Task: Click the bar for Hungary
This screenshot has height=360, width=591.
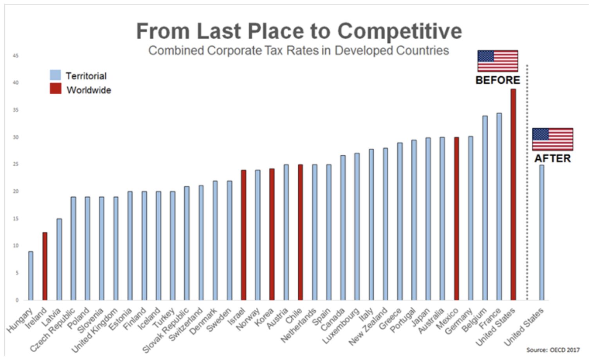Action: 31,276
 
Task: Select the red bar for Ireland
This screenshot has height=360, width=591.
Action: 45,266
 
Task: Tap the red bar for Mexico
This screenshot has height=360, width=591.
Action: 456,219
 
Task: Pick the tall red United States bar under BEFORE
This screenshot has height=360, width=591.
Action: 513,194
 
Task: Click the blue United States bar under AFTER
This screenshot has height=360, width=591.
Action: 542,232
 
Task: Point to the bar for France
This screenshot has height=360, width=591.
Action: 499,207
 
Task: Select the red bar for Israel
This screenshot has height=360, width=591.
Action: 243,235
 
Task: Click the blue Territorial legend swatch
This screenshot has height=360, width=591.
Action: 56,75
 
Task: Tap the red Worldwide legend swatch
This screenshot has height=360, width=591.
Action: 56,88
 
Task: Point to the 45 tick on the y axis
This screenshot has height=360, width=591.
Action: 16,56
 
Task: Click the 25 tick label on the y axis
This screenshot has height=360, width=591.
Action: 16,164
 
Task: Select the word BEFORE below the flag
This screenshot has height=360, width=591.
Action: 498,80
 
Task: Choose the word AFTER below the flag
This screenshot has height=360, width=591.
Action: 553,158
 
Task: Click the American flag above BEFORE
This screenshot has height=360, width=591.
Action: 498,61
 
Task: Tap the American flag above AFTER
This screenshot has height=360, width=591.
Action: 553,139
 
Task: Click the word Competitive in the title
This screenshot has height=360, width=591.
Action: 400,32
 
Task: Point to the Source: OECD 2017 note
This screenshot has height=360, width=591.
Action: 553,350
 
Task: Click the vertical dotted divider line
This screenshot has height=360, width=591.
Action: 527,182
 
